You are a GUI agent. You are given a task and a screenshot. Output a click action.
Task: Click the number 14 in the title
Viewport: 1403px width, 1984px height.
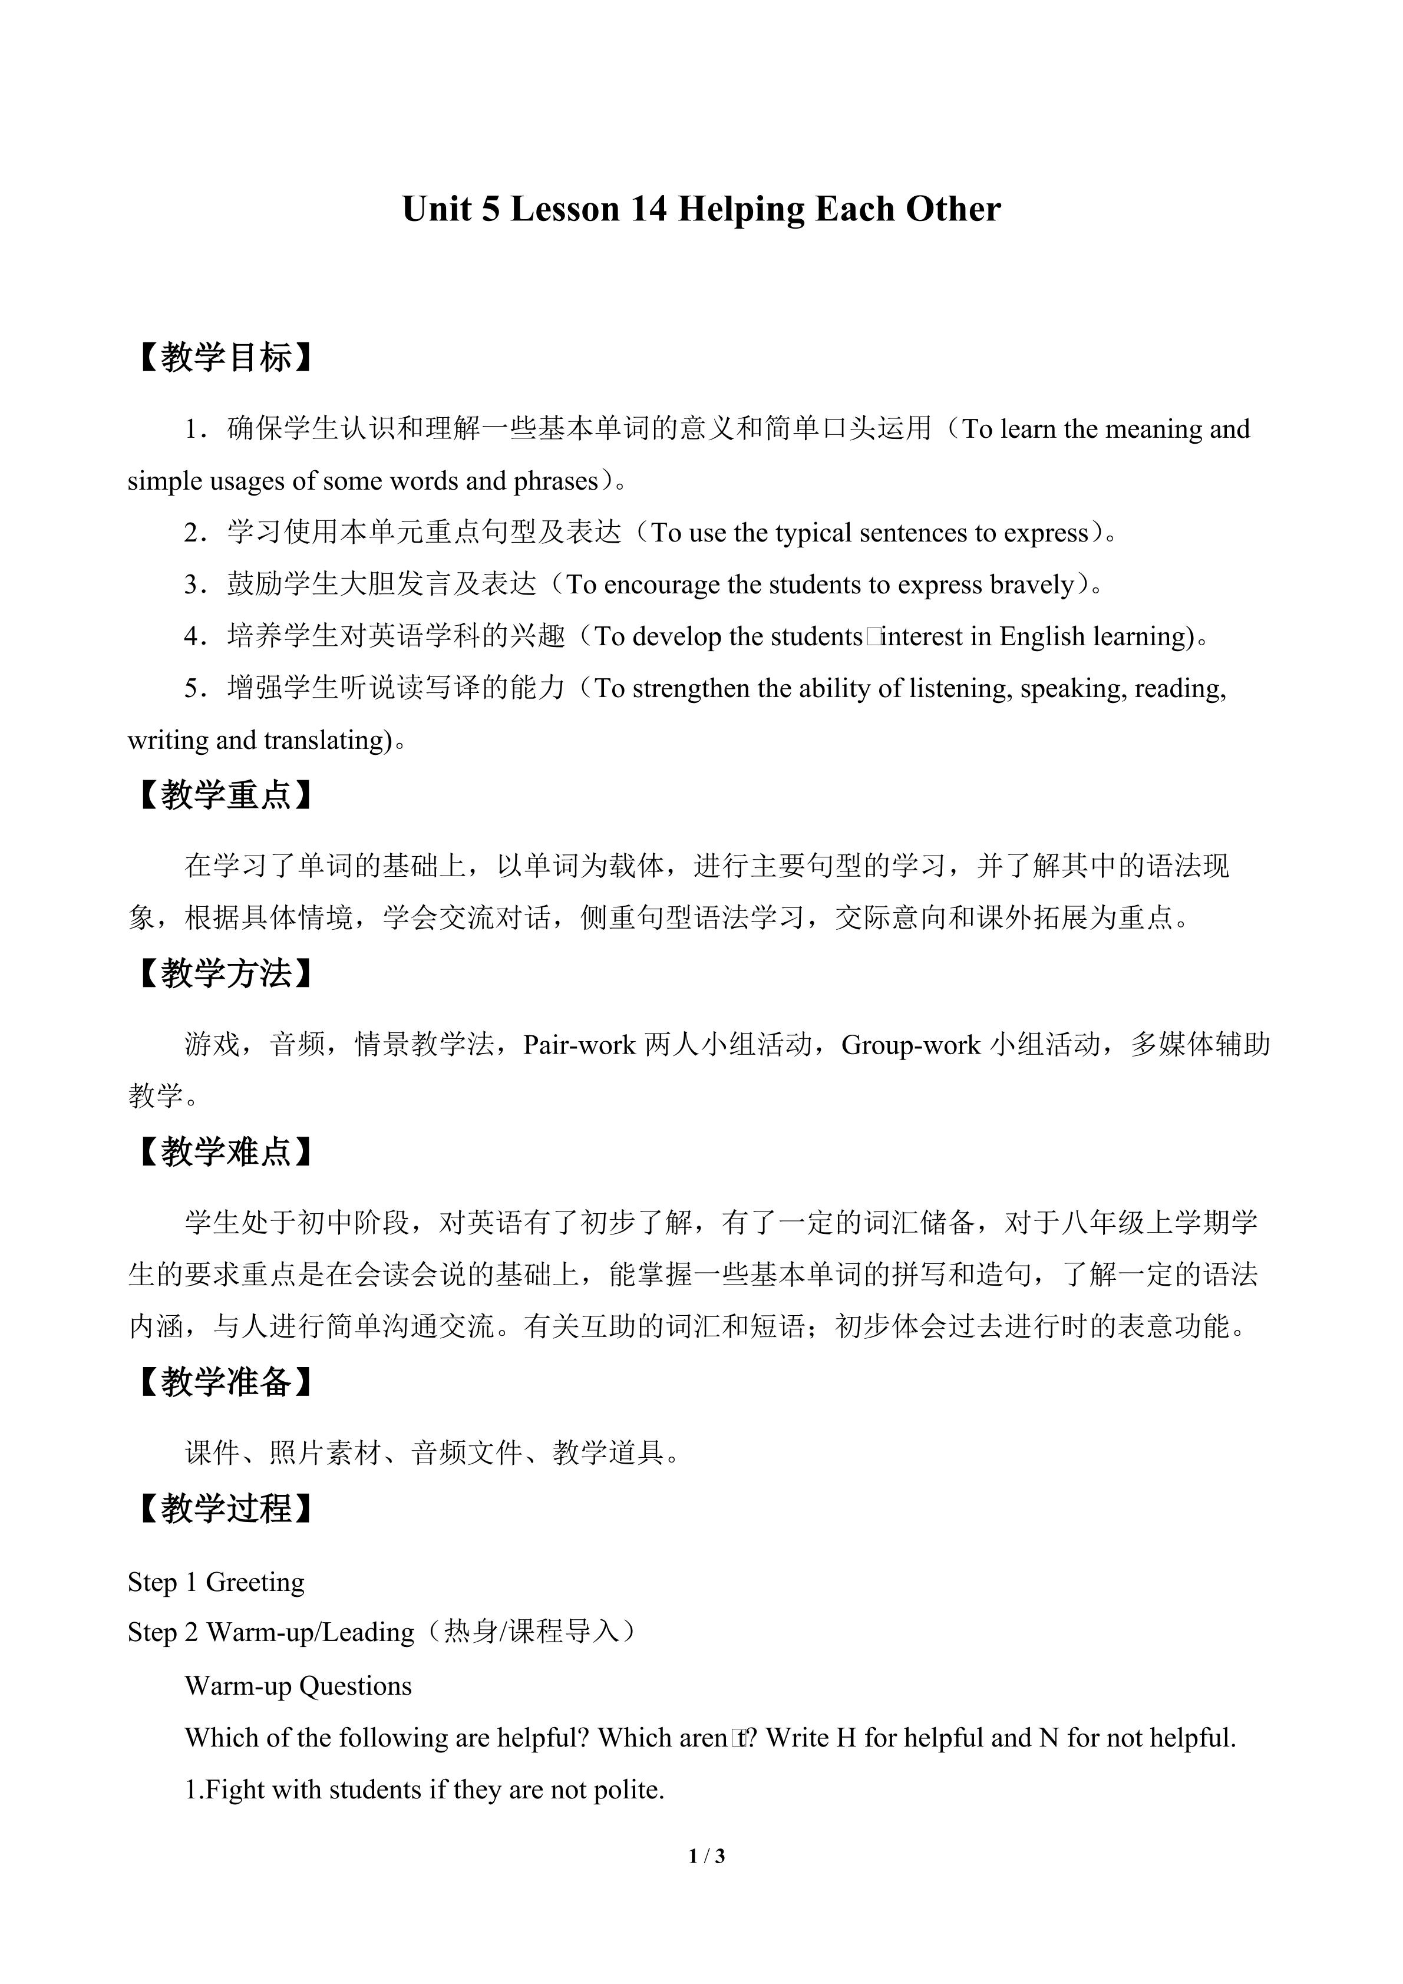pos(648,210)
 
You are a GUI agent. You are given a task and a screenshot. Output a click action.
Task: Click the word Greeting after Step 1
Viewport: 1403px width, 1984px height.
pos(255,1582)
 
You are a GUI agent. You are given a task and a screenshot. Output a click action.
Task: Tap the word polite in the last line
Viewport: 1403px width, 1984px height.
pos(627,1790)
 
